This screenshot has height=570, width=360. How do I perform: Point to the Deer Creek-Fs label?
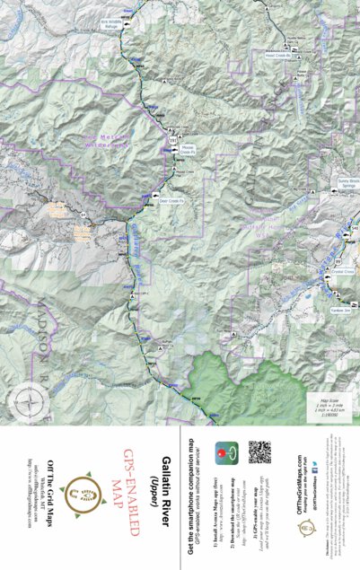pyautogui.click(x=170, y=201)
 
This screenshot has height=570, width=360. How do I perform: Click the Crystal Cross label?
pyautogui.click(x=342, y=270)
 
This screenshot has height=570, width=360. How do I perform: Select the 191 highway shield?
pyautogui.click(x=172, y=141)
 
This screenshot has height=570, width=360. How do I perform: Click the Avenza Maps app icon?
pyautogui.click(x=231, y=452)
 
